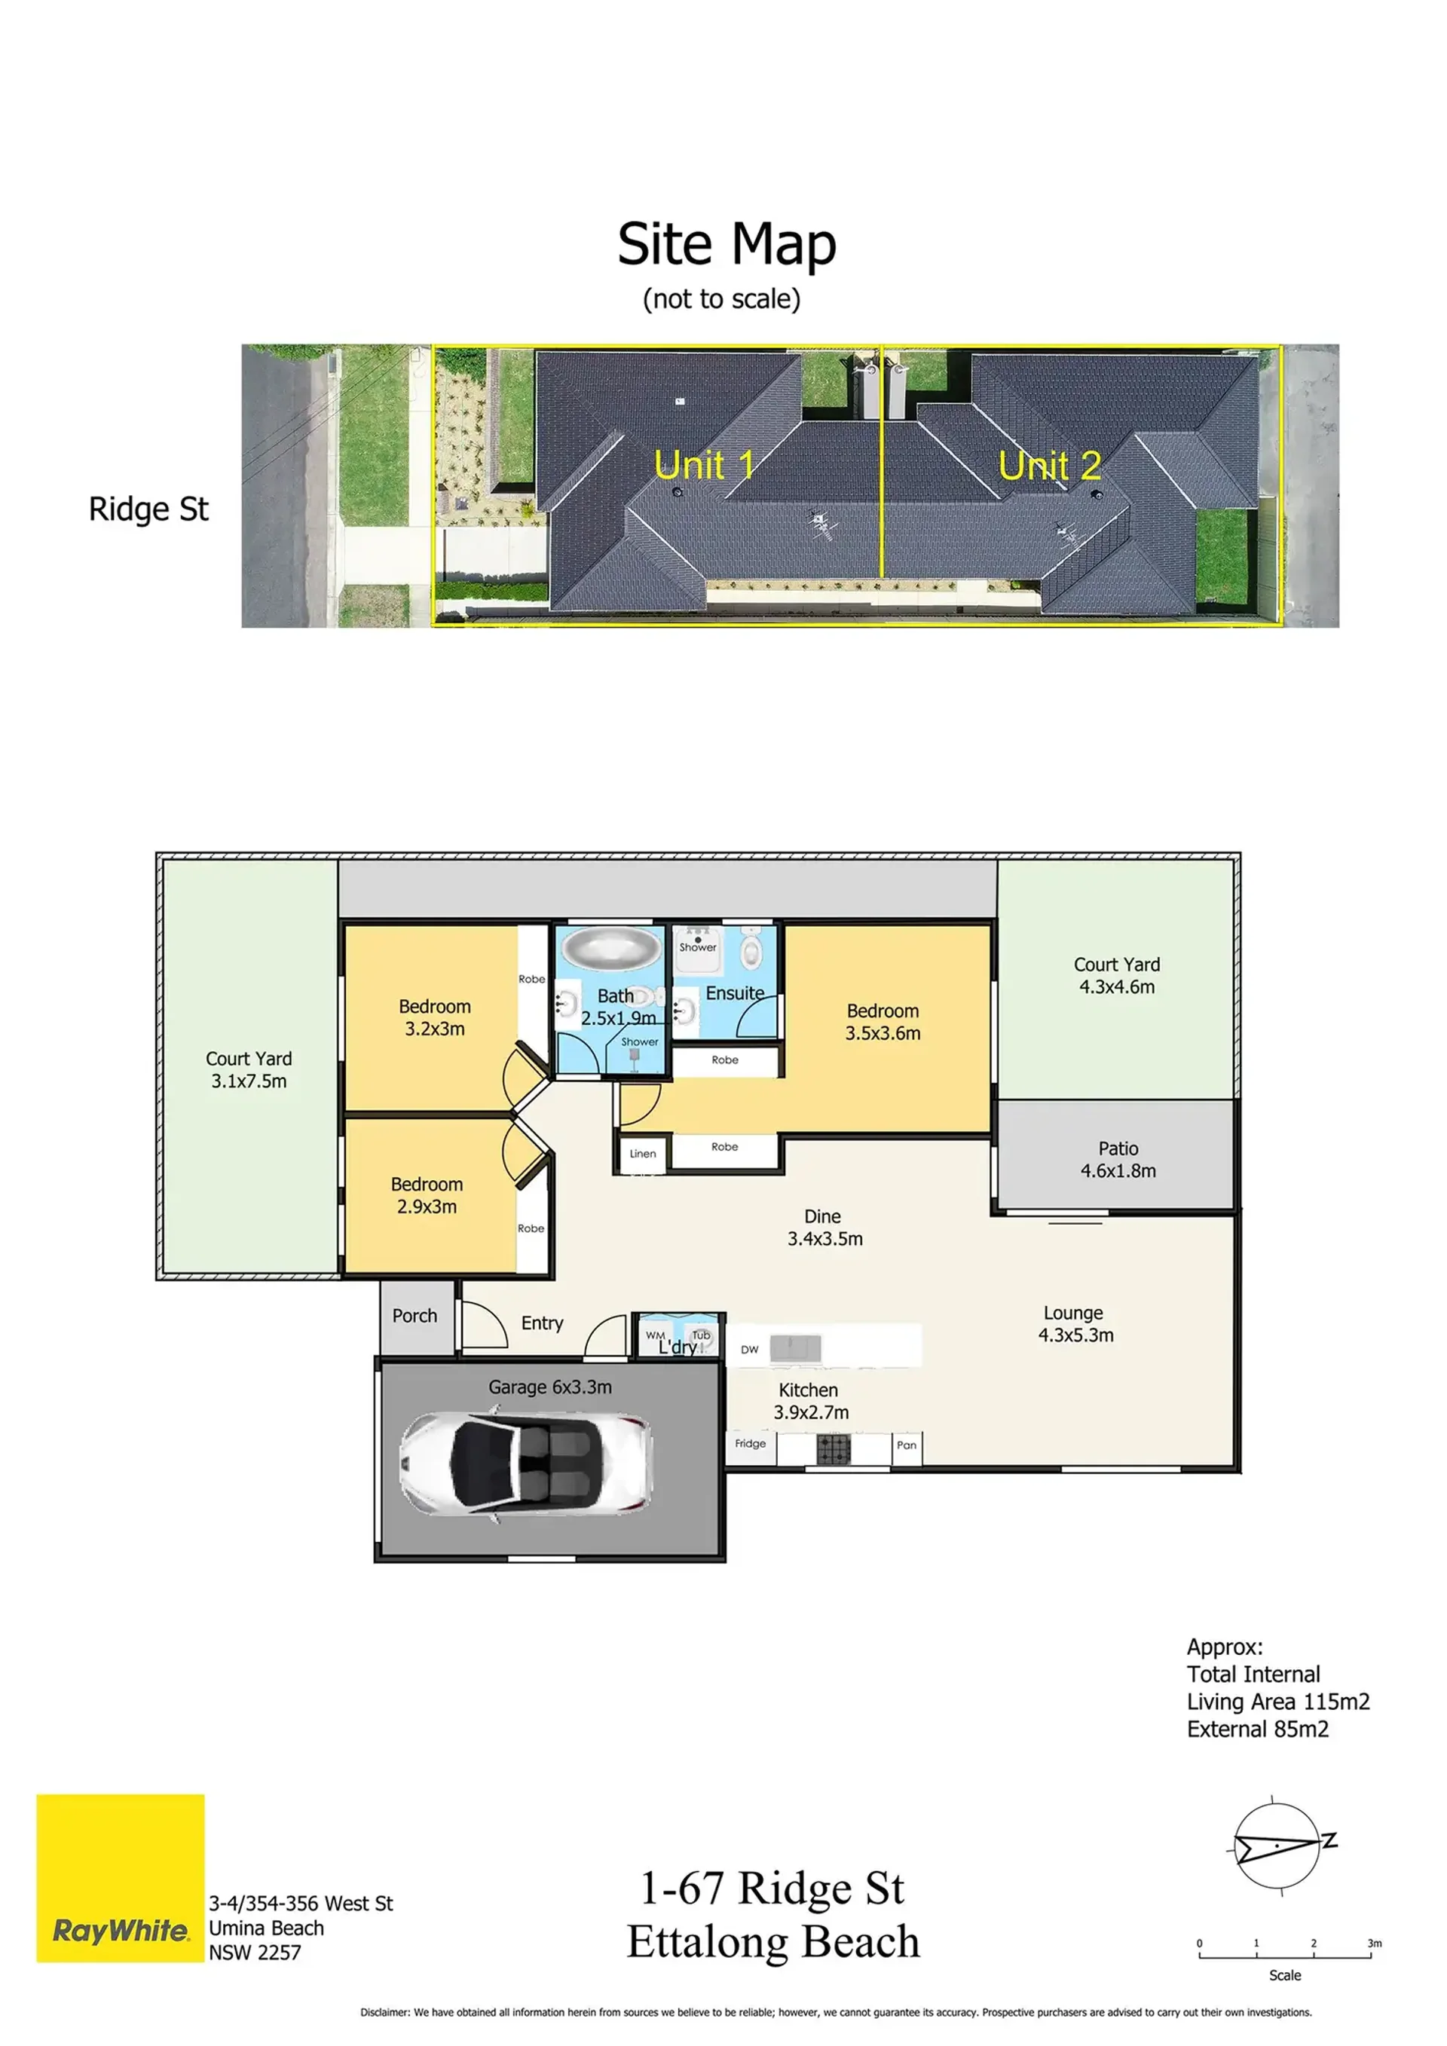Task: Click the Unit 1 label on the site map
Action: point(704,464)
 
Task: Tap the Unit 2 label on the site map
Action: point(1050,465)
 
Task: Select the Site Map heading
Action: point(727,243)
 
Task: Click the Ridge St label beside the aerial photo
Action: point(148,509)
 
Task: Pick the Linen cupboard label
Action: point(642,1153)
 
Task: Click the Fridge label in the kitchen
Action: point(750,1444)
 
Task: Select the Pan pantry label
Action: point(906,1445)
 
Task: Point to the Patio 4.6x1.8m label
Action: point(1118,1159)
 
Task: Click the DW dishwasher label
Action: point(749,1350)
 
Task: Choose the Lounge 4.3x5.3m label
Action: point(1075,1323)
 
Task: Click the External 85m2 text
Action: point(1257,1729)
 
